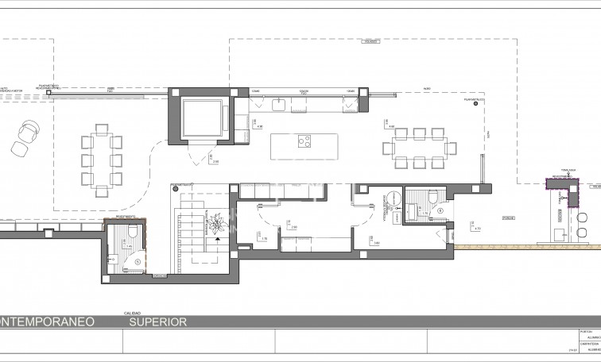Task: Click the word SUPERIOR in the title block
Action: [158, 322]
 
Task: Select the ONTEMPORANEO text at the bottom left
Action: [48, 322]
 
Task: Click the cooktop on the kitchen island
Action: [304, 143]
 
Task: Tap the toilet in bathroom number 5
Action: [134, 232]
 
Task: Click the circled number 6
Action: [440, 211]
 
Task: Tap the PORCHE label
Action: [507, 217]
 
